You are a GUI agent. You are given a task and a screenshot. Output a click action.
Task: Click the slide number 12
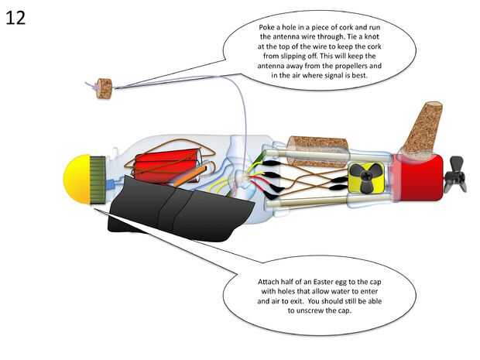point(15,17)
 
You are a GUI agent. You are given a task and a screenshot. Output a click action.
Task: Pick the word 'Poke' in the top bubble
point(269,29)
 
